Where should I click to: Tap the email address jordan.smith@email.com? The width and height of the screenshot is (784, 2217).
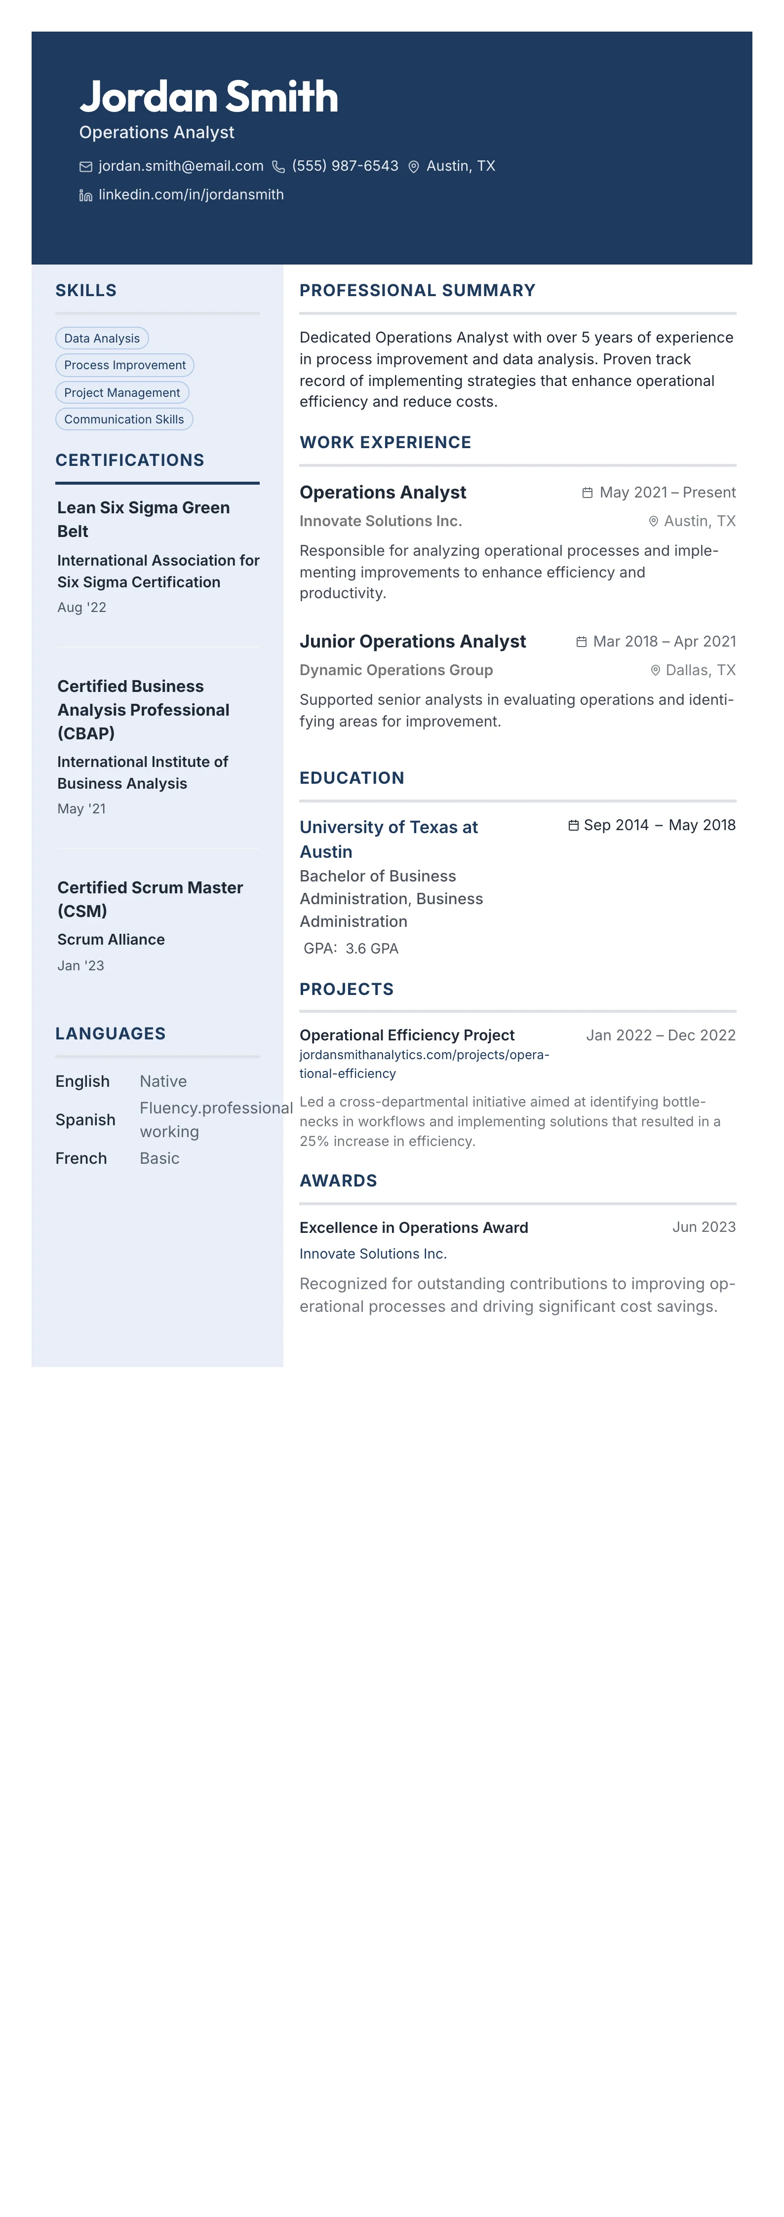181,166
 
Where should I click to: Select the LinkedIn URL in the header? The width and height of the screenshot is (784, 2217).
191,194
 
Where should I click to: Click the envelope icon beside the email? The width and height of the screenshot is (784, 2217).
86,167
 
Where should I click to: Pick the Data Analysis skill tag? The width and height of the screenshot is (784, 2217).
102,338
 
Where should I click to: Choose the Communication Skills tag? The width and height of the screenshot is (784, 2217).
124,419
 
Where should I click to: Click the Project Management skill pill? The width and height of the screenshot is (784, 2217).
122,392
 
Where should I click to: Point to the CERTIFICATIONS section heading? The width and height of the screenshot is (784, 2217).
130,460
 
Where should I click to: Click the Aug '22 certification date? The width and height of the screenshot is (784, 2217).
82,608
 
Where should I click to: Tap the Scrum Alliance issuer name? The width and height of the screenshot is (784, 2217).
111,940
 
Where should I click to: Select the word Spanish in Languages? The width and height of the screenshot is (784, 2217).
85,1120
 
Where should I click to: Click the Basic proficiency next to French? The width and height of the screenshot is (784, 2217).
159,1158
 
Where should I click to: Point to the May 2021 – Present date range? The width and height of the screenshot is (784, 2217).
667,492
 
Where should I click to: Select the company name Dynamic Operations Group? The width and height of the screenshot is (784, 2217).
396,670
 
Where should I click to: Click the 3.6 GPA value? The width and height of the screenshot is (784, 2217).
372,949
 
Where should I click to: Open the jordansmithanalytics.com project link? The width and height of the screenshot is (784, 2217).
424,1064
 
